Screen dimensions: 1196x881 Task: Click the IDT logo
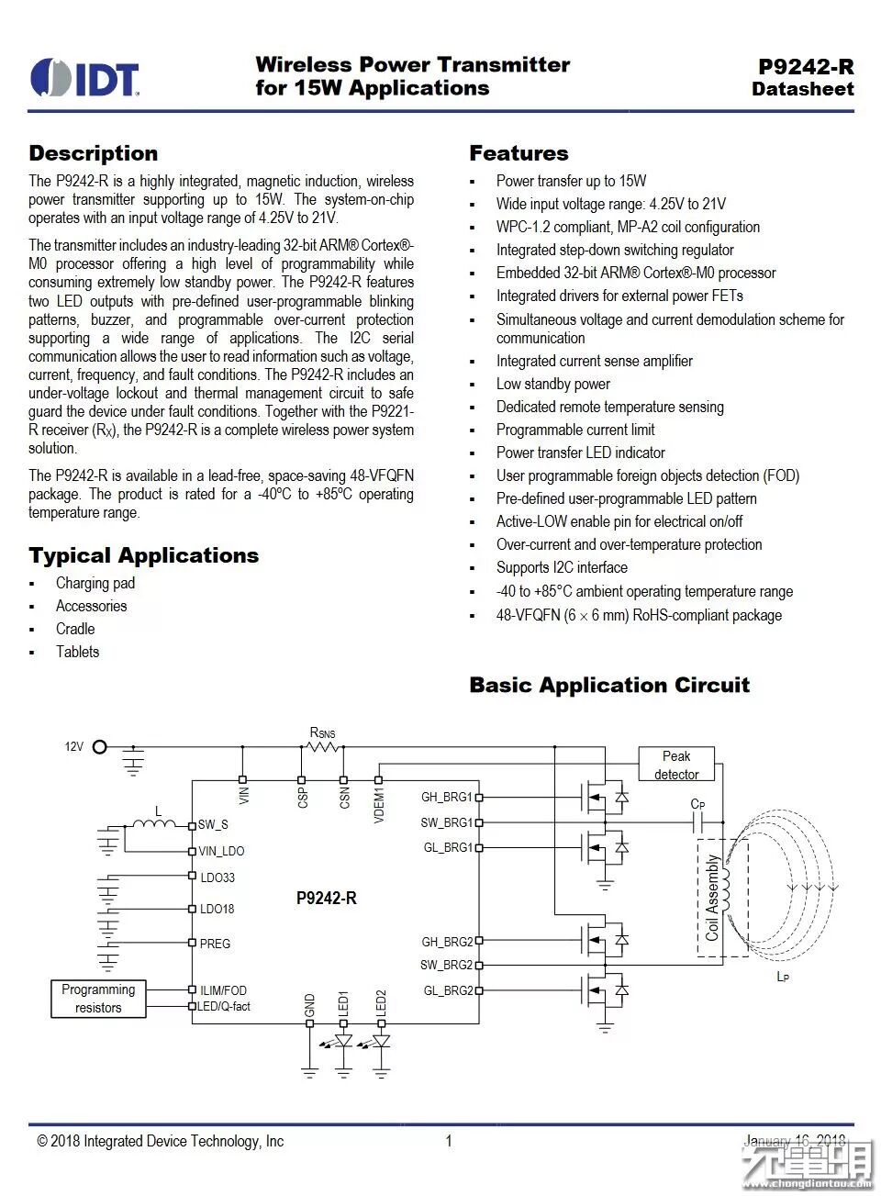[84, 78]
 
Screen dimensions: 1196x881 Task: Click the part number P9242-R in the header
[805, 66]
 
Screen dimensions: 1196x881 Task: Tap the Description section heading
[93, 153]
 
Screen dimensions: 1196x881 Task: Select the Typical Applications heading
[143, 555]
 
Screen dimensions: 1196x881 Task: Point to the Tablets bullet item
[77, 652]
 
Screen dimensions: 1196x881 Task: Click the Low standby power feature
[552, 384]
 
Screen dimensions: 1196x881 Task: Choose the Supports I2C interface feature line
[562, 567]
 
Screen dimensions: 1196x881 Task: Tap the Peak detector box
[675, 765]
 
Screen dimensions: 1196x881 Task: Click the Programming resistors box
[98, 999]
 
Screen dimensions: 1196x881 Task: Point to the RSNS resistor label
[322, 732]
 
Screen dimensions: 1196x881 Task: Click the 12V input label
[73, 746]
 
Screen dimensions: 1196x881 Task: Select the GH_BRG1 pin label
[446, 797]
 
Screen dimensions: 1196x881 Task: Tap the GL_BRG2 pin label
[448, 990]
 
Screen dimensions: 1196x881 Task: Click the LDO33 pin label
[217, 877]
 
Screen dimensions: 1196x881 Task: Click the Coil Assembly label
[712, 898]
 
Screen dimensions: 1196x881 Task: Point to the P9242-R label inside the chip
[326, 898]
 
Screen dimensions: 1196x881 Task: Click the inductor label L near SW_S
[158, 810]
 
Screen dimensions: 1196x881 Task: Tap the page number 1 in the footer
[449, 1141]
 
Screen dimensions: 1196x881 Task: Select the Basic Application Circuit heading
[608, 685]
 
